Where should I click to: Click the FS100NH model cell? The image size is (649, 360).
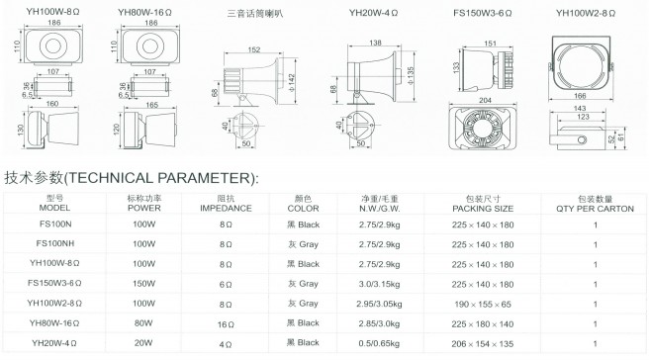55,243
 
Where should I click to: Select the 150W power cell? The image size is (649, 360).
144,284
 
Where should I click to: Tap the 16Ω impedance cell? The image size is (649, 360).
226,324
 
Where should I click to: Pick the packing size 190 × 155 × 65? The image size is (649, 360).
483,305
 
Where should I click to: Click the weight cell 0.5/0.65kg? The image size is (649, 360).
379,343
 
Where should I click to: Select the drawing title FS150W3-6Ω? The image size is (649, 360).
482,13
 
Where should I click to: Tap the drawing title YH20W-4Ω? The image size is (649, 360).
373,13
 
